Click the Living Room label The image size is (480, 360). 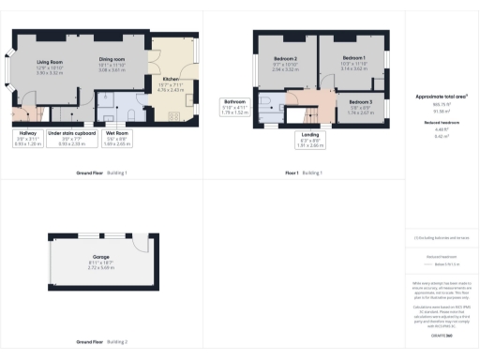pyautogui.click(x=50, y=63)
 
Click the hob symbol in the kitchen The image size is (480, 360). pyautogui.click(x=173, y=114)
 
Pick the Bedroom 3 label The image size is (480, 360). pyautogui.click(x=360, y=104)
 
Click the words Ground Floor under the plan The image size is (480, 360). pyautogui.click(x=90, y=173)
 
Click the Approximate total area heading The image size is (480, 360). pyautogui.click(x=442, y=97)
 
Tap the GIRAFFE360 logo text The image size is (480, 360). pyautogui.click(x=442, y=335)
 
